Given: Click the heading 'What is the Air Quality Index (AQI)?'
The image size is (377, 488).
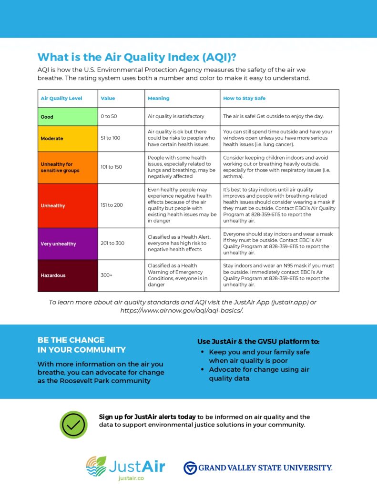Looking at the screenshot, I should click(137, 57).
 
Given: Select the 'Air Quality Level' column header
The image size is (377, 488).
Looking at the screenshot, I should click(61, 98).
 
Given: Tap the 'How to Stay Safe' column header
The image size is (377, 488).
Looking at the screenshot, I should click(244, 98).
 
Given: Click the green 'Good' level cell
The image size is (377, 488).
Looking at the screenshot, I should click(68, 117).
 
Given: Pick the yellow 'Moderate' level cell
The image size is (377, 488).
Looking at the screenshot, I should click(68, 138).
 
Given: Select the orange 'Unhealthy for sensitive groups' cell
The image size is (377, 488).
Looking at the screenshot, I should click(68, 167).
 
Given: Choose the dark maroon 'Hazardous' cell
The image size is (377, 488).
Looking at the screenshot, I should click(68, 275).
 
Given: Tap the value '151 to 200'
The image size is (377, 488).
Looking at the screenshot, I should click(112, 205).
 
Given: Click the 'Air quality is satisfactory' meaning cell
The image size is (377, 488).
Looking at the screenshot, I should click(176, 116).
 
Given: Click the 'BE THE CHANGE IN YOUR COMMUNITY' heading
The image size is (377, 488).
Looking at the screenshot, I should click(82, 345).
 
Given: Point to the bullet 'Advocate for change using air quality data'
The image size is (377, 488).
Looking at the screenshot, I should click(259, 374).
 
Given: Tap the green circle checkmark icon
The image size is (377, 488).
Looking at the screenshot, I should click(73, 425).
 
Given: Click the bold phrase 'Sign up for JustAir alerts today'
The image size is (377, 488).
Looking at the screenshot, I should click(147, 417).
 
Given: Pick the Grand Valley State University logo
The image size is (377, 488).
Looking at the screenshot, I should click(258, 468).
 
